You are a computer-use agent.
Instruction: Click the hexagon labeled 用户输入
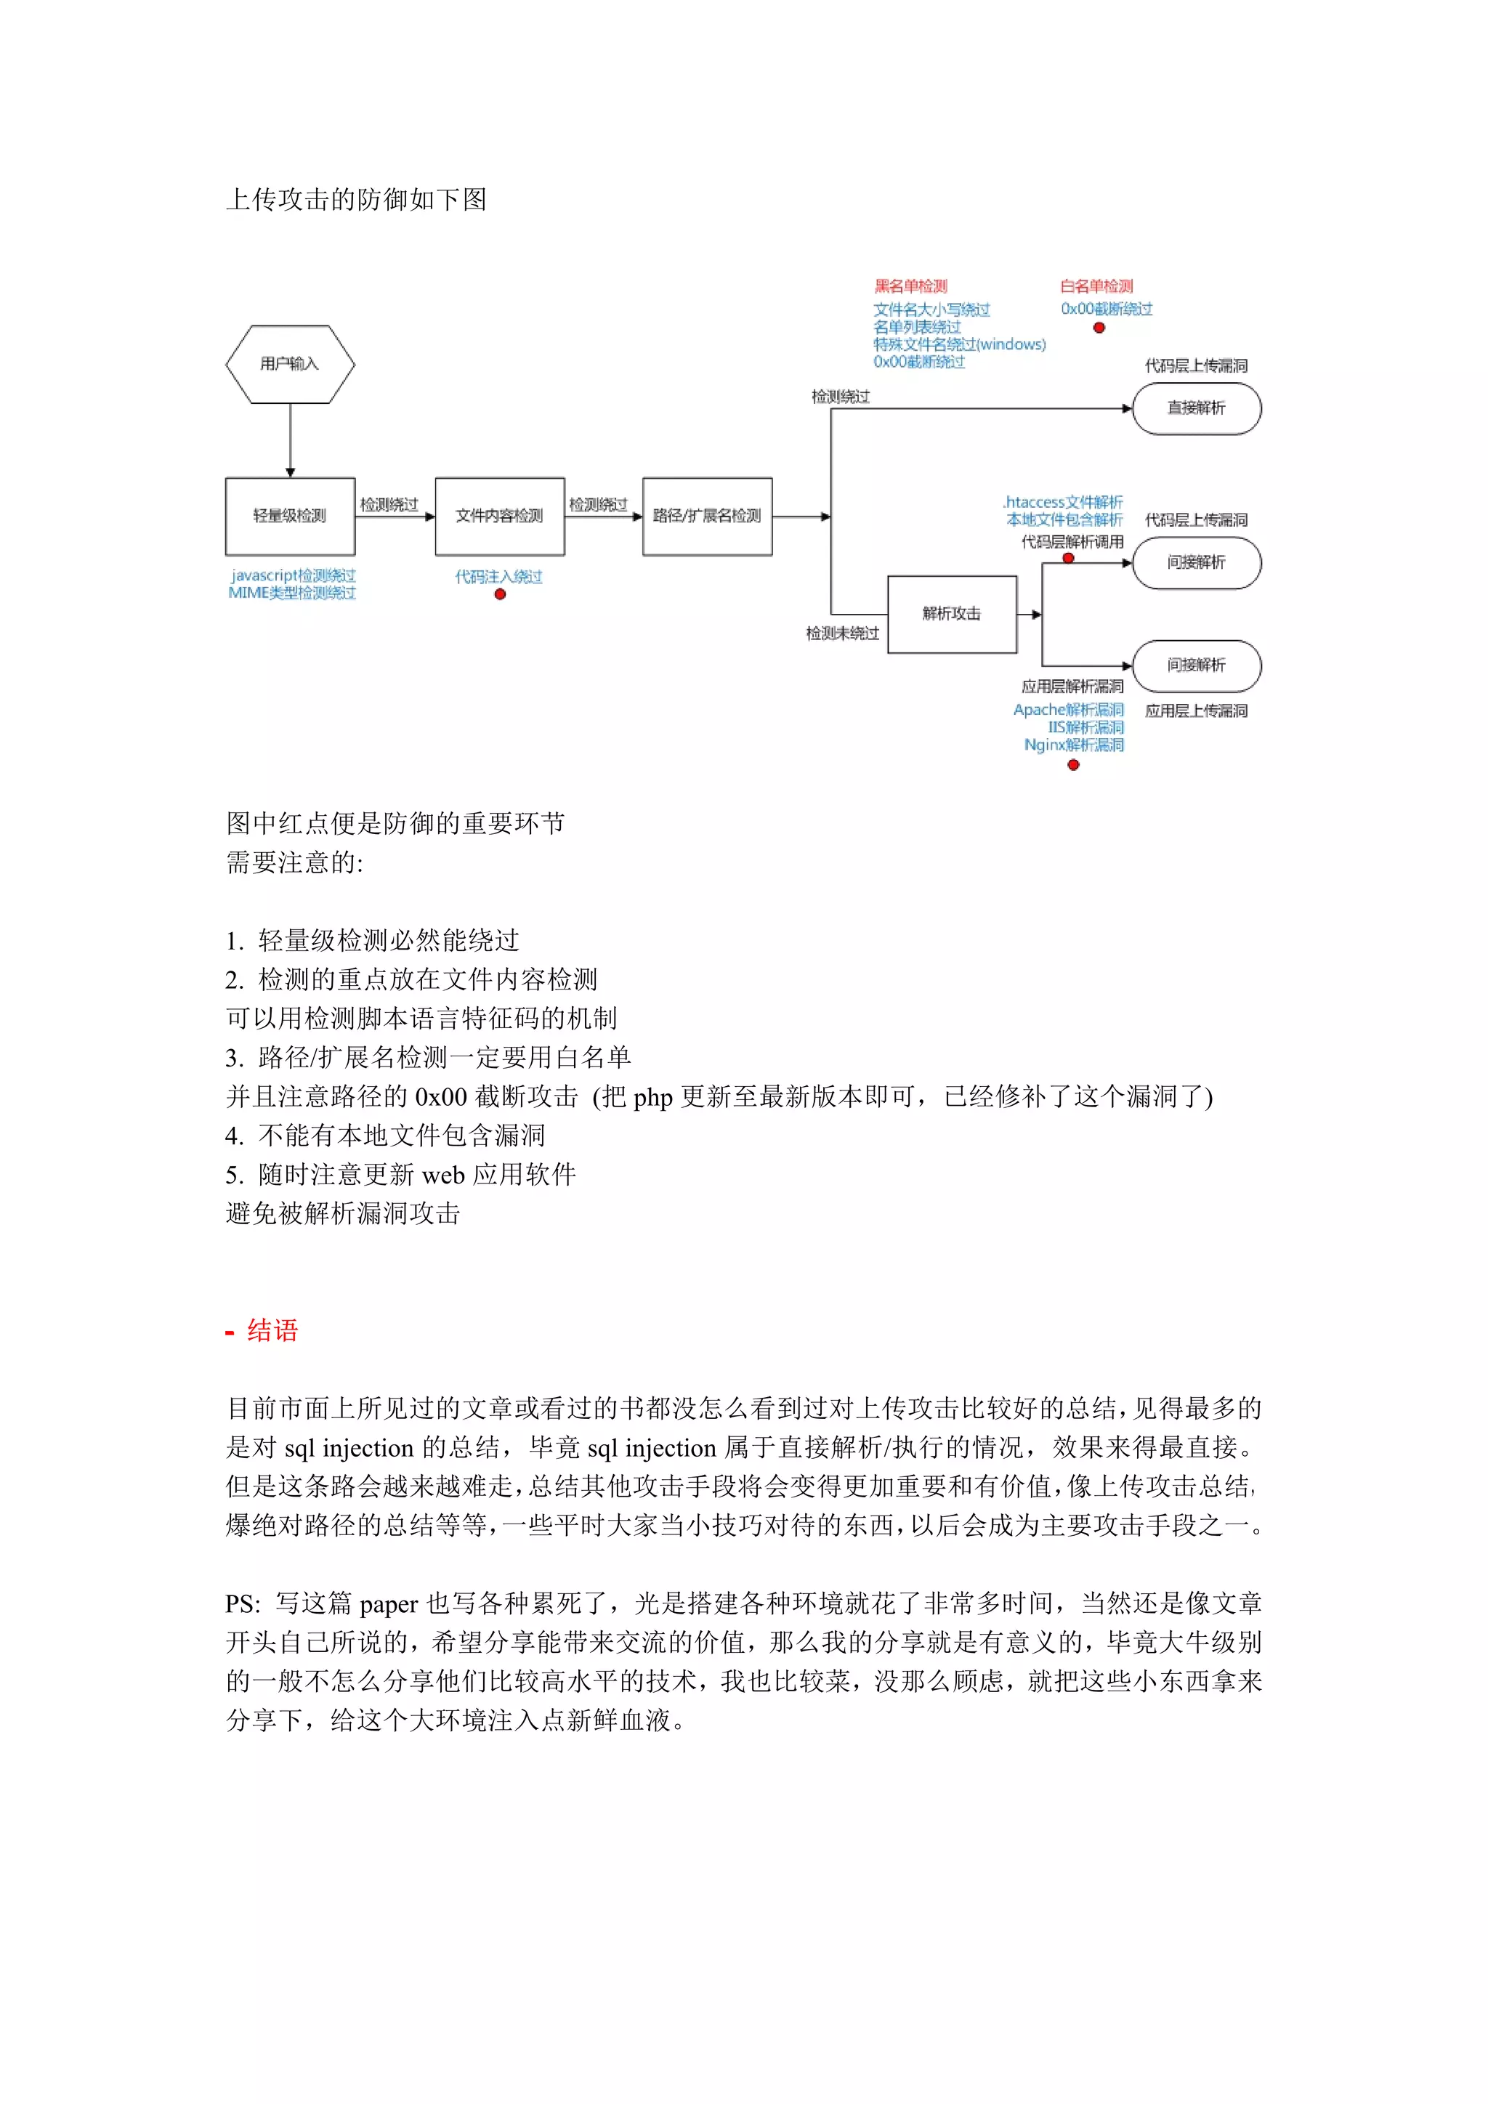tap(290, 364)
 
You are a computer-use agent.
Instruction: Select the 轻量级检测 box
tap(290, 516)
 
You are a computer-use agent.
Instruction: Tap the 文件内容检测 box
tap(499, 516)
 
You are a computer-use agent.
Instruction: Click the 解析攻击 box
tap(951, 614)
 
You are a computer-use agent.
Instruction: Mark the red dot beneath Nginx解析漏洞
tap(1073, 765)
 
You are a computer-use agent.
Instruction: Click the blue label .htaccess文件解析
tap(1063, 502)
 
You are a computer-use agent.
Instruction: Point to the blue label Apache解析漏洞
tap(1067, 709)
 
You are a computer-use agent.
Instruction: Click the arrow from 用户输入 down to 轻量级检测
tap(291, 440)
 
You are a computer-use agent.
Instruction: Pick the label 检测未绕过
tap(842, 634)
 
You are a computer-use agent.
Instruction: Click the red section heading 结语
tap(272, 1330)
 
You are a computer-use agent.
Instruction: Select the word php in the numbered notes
tap(652, 1097)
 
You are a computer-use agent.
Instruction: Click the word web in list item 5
tap(442, 1175)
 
